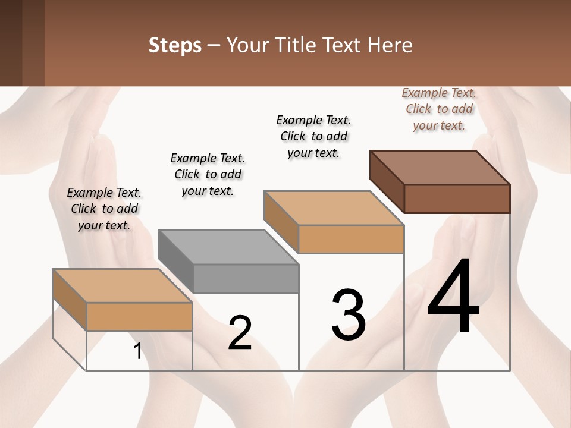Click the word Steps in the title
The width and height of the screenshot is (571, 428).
tap(175, 45)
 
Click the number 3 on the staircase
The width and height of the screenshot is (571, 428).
tap(349, 315)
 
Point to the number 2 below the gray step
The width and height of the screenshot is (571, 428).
tap(240, 333)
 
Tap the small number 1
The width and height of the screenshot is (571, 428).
tap(138, 351)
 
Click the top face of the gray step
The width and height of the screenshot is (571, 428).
tap(228, 247)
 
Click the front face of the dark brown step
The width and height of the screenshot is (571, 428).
tap(457, 199)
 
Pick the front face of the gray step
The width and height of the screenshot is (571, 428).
tap(246, 278)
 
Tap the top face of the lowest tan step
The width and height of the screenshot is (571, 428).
tap(123, 286)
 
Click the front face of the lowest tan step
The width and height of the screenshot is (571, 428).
tap(139, 316)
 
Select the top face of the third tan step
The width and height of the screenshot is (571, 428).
tap(334, 208)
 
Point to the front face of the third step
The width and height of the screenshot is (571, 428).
tap(351, 239)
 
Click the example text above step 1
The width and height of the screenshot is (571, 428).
tap(103, 209)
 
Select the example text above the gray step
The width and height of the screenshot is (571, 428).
tap(208, 174)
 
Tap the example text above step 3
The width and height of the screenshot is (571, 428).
tap(313, 136)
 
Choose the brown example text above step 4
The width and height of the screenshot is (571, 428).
tap(439, 109)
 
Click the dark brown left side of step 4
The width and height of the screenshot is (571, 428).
tap(387, 181)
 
